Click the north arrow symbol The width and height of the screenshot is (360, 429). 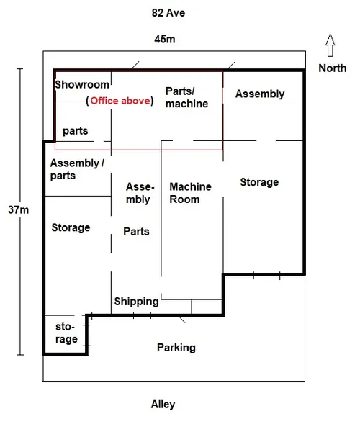[330, 45]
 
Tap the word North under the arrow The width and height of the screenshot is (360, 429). [333, 68]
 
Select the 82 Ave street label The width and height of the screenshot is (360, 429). [168, 13]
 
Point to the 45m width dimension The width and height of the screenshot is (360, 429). [165, 39]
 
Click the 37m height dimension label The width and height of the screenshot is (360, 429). [18, 210]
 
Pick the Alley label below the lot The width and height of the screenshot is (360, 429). [163, 405]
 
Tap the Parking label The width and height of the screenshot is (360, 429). [176, 348]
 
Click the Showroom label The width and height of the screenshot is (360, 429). [82, 84]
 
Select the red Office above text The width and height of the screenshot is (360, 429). [120, 101]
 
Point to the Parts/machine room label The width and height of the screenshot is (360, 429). [186, 97]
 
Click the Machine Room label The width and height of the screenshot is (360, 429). [190, 193]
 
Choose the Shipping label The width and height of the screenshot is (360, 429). [137, 302]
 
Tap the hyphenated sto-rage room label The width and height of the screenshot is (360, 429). [66, 333]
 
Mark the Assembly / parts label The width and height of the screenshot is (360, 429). [77, 169]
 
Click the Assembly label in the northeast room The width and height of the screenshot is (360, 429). [260, 94]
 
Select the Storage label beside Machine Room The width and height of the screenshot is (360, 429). [259, 183]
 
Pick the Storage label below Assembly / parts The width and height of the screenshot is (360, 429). [71, 227]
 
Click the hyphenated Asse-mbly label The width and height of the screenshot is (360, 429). [140, 193]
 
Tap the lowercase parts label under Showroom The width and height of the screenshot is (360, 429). [76, 131]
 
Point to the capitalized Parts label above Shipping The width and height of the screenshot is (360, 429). [136, 232]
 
